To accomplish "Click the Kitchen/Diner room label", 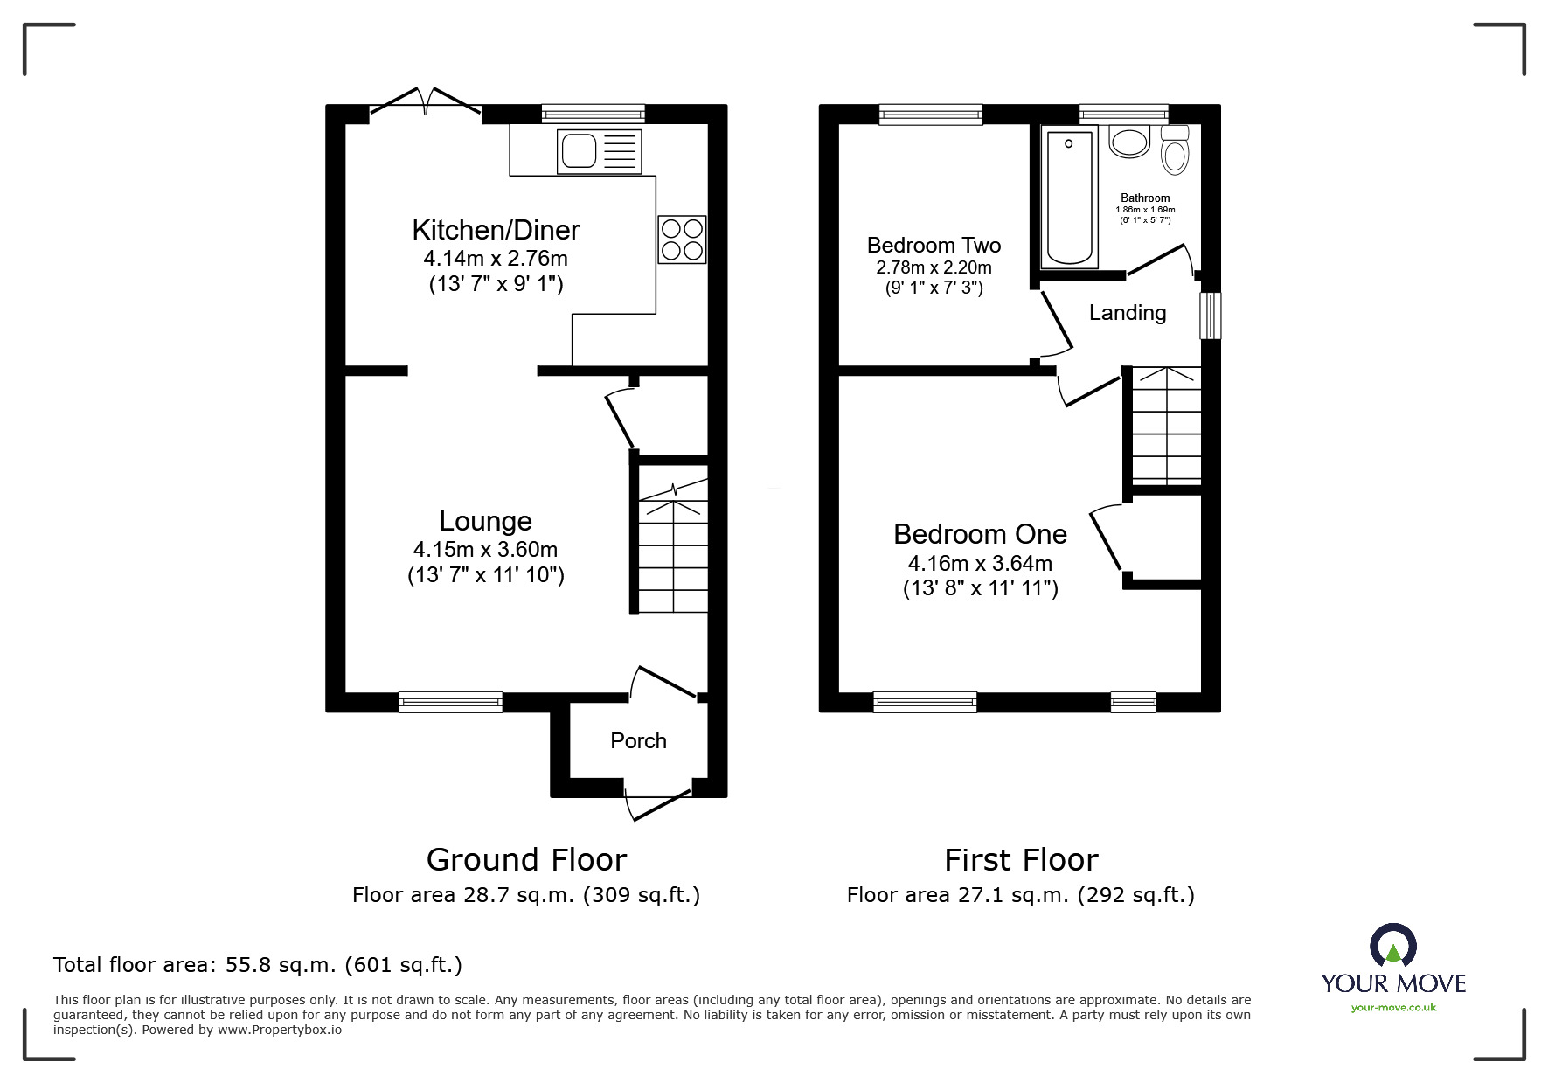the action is (x=496, y=230).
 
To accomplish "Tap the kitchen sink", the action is (x=598, y=150).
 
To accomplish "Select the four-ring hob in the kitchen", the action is (x=682, y=240).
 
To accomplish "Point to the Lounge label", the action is (x=485, y=521).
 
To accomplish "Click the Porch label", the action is (x=638, y=741).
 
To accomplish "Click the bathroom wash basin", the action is (x=1128, y=142).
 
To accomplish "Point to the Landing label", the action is (x=1128, y=312).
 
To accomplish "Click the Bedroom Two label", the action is (x=934, y=245).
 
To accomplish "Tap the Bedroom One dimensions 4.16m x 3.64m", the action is (x=980, y=564).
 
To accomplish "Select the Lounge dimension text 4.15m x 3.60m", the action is (x=485, y=550).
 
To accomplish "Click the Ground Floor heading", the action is (x=526, y=860).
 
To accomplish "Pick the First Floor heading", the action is (x=1021, y=860).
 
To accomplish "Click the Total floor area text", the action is (x=258, y=965).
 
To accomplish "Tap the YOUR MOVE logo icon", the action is (x=1392, y=947).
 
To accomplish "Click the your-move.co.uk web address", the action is (x=1393, y=1008).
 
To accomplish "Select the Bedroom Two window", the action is (x=931, y=114).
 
